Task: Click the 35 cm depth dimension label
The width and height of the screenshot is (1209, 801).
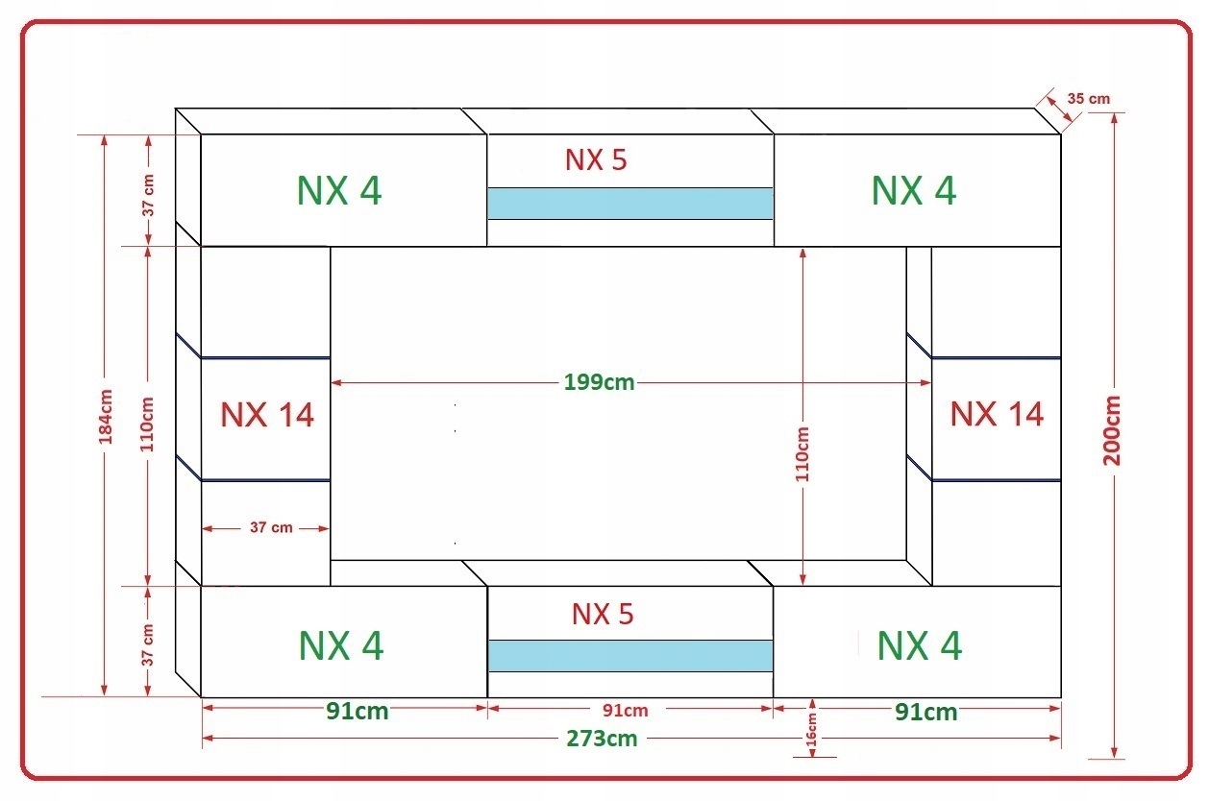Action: point(1088,99)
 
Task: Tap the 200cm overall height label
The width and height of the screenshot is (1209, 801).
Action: point(1113,430)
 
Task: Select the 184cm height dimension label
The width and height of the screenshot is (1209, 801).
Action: point(105,416)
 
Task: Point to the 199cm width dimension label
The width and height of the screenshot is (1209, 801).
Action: point(600,382)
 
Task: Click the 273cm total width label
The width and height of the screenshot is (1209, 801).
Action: point(602,739)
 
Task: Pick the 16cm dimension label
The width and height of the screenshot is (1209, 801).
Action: point(812,731)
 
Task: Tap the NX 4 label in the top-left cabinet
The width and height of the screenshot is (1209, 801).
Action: point(339,190)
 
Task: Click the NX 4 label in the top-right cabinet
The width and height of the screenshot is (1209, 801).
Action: point(914,190)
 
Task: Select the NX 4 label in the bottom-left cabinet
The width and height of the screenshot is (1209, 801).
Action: point(341,645)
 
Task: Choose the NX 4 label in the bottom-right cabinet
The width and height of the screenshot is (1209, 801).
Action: point(919,645)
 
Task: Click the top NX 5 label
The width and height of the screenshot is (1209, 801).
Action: point(596,159)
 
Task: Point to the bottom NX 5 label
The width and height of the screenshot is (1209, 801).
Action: point(603,614)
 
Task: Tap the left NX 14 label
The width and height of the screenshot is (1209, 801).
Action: point(267,415)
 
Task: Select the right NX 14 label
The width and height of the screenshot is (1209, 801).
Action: point(997,414)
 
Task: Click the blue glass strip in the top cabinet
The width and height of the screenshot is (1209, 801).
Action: point(629,203)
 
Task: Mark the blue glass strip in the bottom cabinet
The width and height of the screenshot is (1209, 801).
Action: point(630,655)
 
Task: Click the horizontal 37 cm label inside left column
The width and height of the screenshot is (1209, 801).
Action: point(271,527)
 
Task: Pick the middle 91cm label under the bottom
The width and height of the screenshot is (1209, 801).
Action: point(625,711)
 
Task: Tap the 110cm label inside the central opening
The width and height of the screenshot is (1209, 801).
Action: point(802,453)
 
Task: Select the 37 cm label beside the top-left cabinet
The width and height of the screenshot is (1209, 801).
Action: point(148,196)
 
